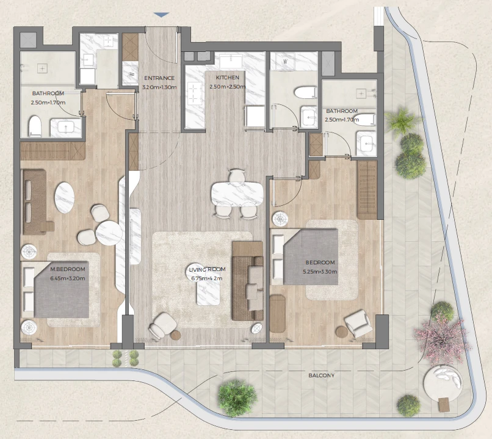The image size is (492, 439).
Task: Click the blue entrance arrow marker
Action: click(x=162, y=15)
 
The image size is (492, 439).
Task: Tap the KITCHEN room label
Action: click(x=228, y=78)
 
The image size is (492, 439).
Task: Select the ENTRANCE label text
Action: click(x=159, y=78)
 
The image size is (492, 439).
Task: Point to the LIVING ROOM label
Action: click(x=207, y=269)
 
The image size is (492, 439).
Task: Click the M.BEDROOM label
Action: click(x=68, y=269)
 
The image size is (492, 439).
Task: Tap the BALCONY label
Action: click(x=321, y=376)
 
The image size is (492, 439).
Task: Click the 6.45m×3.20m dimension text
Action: click(x=68, y=278)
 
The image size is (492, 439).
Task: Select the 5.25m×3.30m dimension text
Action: click(x=320, y=272)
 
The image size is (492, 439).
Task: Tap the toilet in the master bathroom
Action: click(x=35, y=126)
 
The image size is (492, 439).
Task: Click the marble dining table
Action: click(x=237, y=194)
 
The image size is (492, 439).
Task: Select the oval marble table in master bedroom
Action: click(x=65, y=198)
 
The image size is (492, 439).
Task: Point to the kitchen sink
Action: click(x=231, y=61)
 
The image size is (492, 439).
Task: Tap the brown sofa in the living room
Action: click(x=248, y=281)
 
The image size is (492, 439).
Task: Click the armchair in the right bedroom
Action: click(x=359, y=323)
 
